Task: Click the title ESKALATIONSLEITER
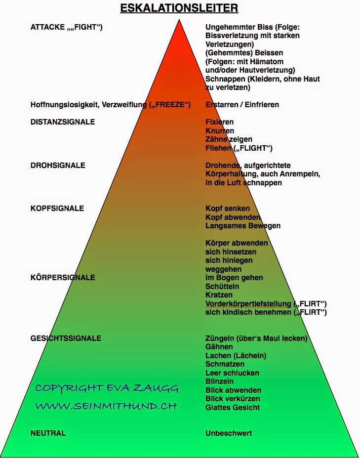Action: point(180,8)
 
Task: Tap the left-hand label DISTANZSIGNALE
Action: point(63,122)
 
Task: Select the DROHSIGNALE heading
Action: point(58,165)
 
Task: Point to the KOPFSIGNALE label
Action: point(57,208)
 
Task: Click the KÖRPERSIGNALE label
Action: point(63,277)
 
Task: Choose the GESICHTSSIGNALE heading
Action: point(66,338)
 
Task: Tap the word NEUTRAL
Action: point(48,433)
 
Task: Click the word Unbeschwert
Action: point(229,433)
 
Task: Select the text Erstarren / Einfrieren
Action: point(242,104)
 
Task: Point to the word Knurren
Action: point(220,130)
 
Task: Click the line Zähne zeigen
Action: point(229,139)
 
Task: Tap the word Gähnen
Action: point(219,347)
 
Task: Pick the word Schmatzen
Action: point(225,364)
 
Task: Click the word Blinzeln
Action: point(220,381)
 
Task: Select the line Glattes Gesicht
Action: point(232,407)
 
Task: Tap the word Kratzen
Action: point(219,295)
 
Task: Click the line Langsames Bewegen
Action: point(243,226)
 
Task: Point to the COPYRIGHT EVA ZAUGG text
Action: point(107,388)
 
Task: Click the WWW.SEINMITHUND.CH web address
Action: point(106,406)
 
